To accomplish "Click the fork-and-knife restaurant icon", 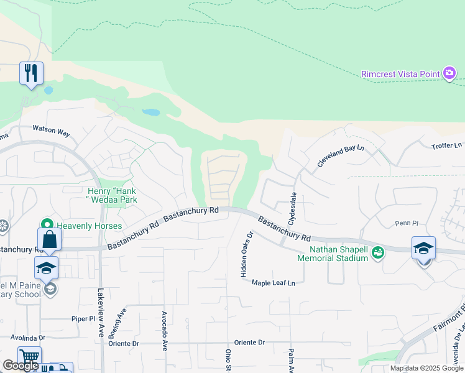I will pyautogui.click(x=30, y=73).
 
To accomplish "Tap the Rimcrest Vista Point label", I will pyautogui.click(x=400, y=74).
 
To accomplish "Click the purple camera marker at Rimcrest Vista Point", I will pyautogui.click(x=449, y=74).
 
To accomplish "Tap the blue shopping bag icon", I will pyautogui.click(x=49, y=239).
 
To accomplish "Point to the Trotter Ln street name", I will pyautogui.click(x=447, y=145).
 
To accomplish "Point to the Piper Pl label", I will pyautogui.click(x=83, y=318).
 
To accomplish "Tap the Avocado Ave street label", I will pyautogui.click(x=164, y=331).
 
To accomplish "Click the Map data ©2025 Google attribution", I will pyautogui.click(x=426, y=368).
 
